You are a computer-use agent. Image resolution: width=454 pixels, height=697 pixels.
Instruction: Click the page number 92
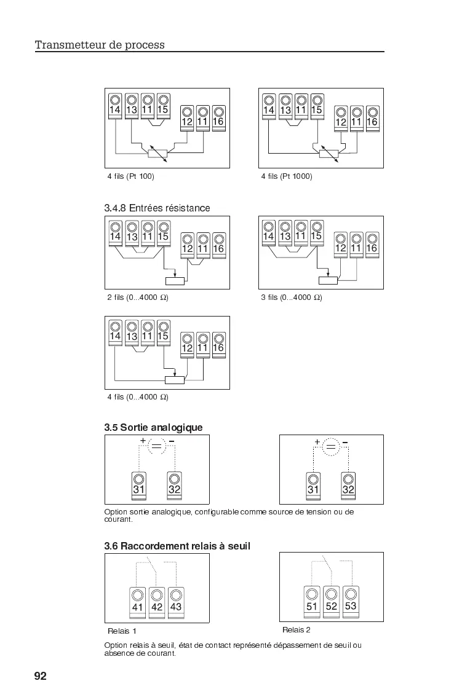pyautogui.click(x=40, y=676)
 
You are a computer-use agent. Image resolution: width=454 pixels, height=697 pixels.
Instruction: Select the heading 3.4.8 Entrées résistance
pyautogui.click(x=157, y=208)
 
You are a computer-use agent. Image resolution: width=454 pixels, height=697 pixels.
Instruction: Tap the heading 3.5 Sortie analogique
pyautogui.click(x=153, y=427)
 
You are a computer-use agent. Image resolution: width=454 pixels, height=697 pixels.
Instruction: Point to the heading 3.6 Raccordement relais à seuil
pyautogui.click(x=177, y=546)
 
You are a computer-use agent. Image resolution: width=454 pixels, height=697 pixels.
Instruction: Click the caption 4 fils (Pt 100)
pyautogui.click(x=130, y=176)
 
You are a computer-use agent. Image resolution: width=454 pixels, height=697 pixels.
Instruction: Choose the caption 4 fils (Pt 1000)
pyautogui.click(x=287, y=176)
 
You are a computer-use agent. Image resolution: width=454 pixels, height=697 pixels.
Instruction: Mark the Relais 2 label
pyautogui.click(x=297, y=630)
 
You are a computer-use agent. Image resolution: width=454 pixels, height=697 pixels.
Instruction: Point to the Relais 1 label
pyautogui.click(x=122, y=631)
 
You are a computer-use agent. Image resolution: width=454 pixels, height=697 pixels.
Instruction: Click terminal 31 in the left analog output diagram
pyautogui.click(x=139, y=484)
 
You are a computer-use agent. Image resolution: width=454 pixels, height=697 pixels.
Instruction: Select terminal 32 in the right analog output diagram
pyautogui.click(x=348, y=484)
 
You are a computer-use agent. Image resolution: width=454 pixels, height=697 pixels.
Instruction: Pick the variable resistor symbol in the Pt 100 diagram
pyautogui.click(x=158, y=153)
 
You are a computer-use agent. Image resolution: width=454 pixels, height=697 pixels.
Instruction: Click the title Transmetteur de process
pyautogui.click(x=100, y=45)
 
